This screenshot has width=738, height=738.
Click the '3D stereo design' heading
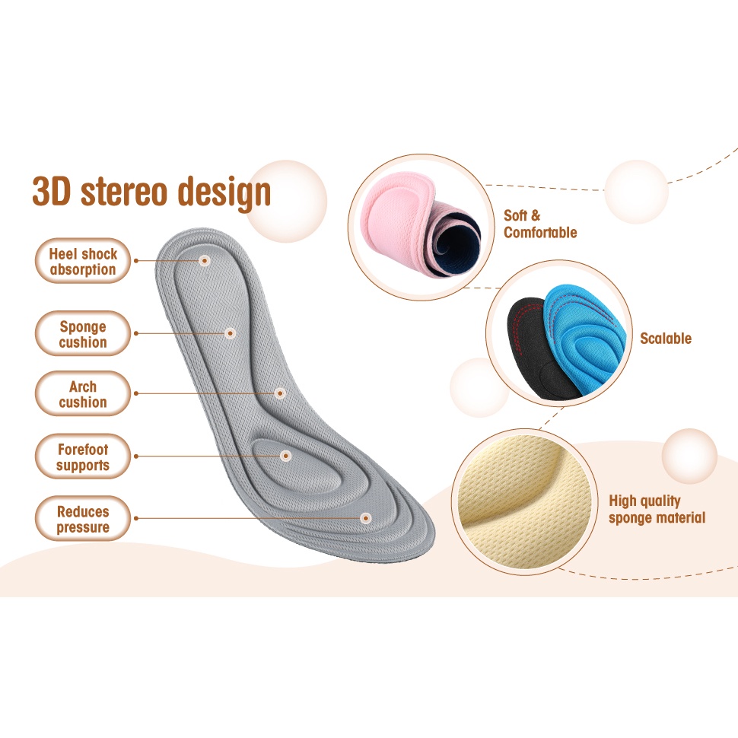coord(151,193)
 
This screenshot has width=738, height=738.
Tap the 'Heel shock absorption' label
coord(83,261)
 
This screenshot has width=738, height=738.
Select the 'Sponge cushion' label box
coord(83,334)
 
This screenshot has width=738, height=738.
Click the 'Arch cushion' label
coord(83,394)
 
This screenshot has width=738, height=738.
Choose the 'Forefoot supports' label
coord(83,456)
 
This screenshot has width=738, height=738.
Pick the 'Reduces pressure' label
coord(83,519)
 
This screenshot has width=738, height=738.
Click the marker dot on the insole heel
coord(204,260)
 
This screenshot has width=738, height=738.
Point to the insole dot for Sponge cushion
coord(230,332)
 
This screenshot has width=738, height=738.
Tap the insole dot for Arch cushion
coord(280,393)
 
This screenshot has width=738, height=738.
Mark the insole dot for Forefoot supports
coord(286,456)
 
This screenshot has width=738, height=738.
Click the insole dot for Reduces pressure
coord(366,518)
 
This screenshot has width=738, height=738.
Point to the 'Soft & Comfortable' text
coord(540,224)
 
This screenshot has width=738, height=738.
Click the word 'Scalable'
coord(666,339)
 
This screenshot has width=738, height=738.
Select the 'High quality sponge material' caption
coord(657,509)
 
